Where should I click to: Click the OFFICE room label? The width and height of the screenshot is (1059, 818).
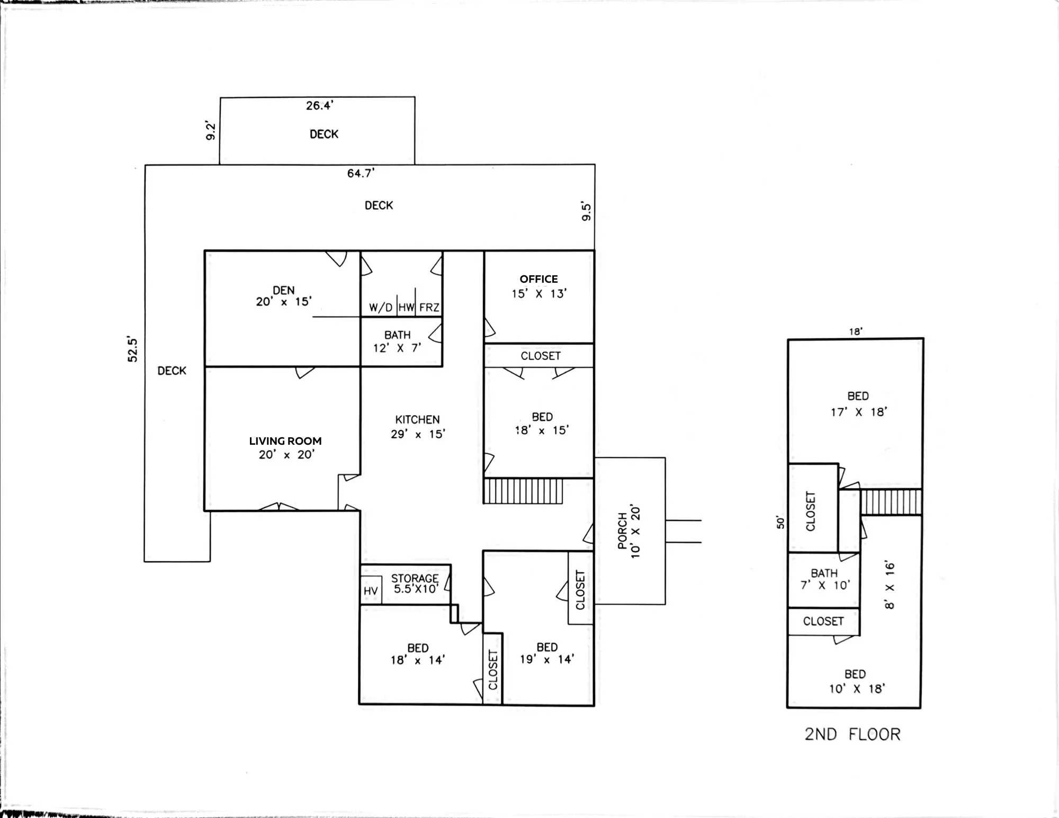[x=539, y=279]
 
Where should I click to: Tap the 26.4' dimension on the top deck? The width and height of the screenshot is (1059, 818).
[x=319, y=106]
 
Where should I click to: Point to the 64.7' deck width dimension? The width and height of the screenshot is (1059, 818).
[x=361, y=174]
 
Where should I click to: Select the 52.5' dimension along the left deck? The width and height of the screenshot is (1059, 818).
[x=132, y=349]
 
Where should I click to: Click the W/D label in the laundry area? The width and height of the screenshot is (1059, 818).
[x=381, y=308]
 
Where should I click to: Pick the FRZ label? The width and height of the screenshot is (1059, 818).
[x=429, y=308]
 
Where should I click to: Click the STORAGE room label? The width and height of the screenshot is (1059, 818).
[x=415, y=578]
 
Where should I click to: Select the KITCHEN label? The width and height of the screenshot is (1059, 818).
[x=417, y=420]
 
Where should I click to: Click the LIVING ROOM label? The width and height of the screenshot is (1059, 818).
[x=285, y=441]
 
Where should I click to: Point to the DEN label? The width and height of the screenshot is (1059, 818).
[x=284, y=291]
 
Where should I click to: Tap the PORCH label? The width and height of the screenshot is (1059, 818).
[x=623, y=531]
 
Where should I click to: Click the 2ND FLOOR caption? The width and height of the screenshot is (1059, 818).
[x=852, y=734]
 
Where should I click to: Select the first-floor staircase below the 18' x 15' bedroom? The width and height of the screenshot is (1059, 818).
[x=523, y=491]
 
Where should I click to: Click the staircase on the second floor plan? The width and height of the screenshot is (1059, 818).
[x=891, y=502]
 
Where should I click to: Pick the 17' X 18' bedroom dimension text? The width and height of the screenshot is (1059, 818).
[x=858, y=412]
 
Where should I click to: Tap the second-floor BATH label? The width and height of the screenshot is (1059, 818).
[x=824, y=573]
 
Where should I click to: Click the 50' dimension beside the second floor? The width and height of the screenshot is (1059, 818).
[x=779, y=523]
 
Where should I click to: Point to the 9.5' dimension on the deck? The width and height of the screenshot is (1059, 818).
[x=586, y=211]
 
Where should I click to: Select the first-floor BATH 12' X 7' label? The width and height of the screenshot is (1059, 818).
[x=397, y=341]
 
